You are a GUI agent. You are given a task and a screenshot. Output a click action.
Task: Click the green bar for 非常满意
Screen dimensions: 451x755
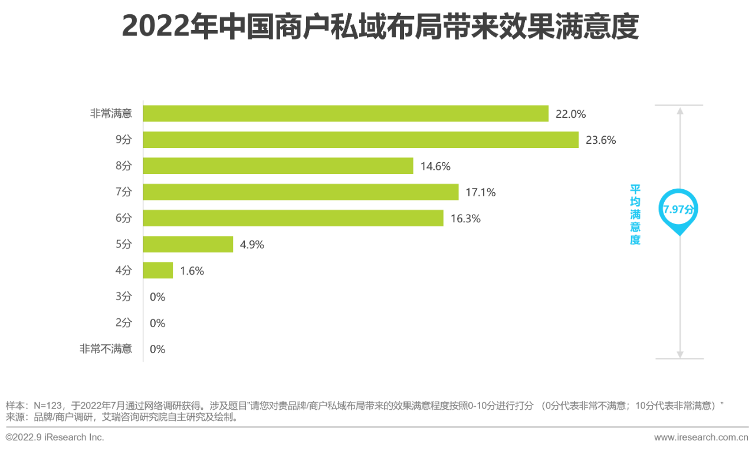coord(346,114)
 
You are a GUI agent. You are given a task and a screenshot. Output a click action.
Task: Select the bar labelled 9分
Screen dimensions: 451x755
coord(360,140)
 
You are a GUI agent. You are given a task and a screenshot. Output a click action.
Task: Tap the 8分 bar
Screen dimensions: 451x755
coord(278,166)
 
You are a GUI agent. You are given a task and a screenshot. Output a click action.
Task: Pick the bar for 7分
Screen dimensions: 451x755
coord(301,192)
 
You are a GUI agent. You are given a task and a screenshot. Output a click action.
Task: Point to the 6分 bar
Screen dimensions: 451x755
coord(293,218)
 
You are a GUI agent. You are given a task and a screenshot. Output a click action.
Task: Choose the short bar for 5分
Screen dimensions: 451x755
coord(188,244)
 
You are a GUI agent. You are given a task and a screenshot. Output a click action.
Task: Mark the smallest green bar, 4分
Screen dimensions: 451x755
coord(158,271)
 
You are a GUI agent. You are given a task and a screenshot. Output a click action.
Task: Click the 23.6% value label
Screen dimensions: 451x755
coord(600,140)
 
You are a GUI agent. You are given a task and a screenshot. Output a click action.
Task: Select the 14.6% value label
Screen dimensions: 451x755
coord(435,166)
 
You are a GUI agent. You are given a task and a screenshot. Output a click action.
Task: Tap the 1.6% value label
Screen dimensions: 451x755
coord(192,271)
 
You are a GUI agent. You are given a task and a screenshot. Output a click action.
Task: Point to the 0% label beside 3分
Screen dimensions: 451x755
coord(157,297)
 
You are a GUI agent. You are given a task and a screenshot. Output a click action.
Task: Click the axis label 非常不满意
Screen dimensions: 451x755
coord(106,349)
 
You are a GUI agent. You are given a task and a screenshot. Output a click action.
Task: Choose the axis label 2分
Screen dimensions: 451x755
coord(123,323)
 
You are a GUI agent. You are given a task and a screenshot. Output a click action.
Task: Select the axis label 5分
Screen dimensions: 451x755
coord(123,245)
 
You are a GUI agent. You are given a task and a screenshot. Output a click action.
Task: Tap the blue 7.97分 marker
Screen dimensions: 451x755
coord(679,210)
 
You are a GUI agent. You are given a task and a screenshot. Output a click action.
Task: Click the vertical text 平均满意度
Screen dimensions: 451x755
coord(635,215)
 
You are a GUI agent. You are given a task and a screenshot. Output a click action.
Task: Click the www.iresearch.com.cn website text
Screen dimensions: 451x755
coord(701,437)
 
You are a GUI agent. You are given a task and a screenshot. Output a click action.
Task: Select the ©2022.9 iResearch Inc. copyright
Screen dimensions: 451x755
coord(55,437)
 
